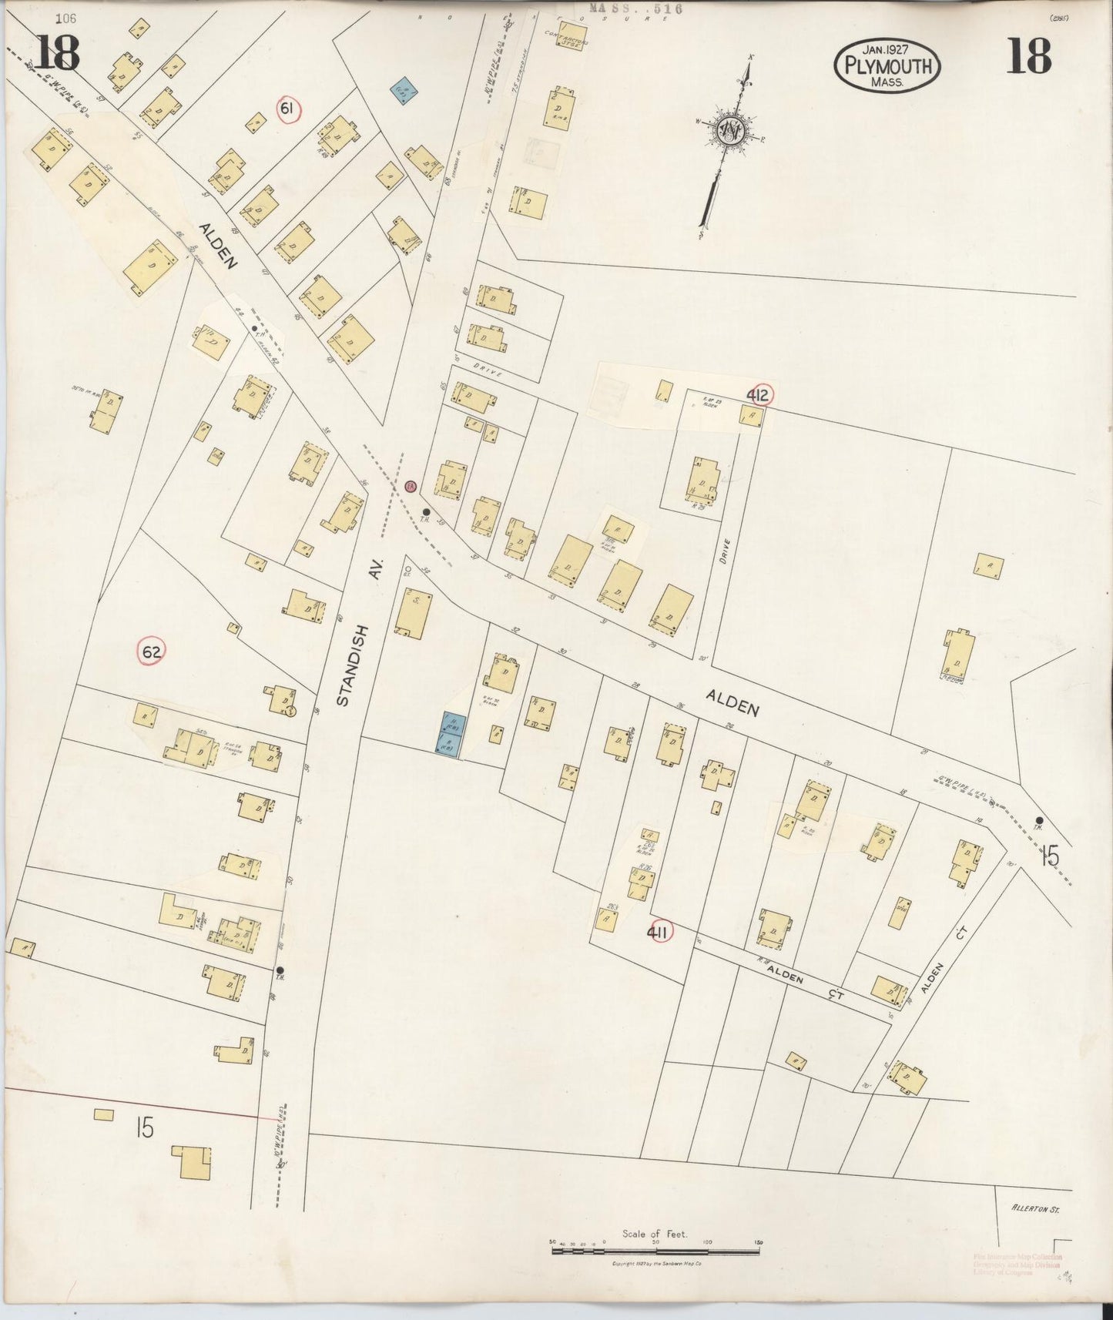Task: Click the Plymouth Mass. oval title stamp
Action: coord(887,66)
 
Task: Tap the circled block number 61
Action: coord(287,110)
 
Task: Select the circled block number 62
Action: coord(152,652)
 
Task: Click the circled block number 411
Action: coord(658,933)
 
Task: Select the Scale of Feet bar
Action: coord(655,1251)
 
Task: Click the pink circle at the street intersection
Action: coord(411,486)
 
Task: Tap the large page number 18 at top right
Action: coord(1028,55)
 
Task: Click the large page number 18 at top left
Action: coord(56,54)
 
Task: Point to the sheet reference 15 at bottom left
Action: coord(143,1128)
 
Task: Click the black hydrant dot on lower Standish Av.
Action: coord(280,970)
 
